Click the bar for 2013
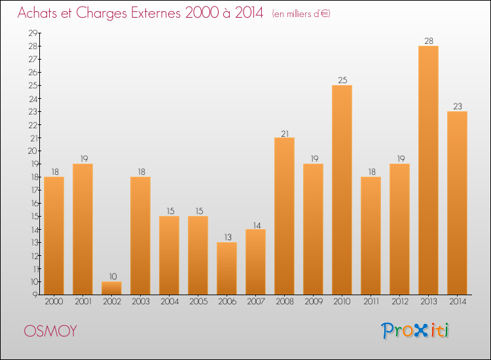[x=428, y=170]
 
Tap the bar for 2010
[x=342, y=190]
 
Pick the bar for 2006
[x=227, y=268]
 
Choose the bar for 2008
[x=284, y=216]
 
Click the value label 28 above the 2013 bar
[x=428, y=41]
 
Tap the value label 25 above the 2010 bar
[x=342, y=80]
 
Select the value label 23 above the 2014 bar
[x=457, y=106]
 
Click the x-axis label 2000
[x=54, y=302]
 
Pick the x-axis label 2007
[x=255, y=302]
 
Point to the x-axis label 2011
[x=371, y=302]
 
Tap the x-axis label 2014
[x=457, y=302]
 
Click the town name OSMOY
[x=50, y=331]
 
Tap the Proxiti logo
[x=416, y=331]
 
